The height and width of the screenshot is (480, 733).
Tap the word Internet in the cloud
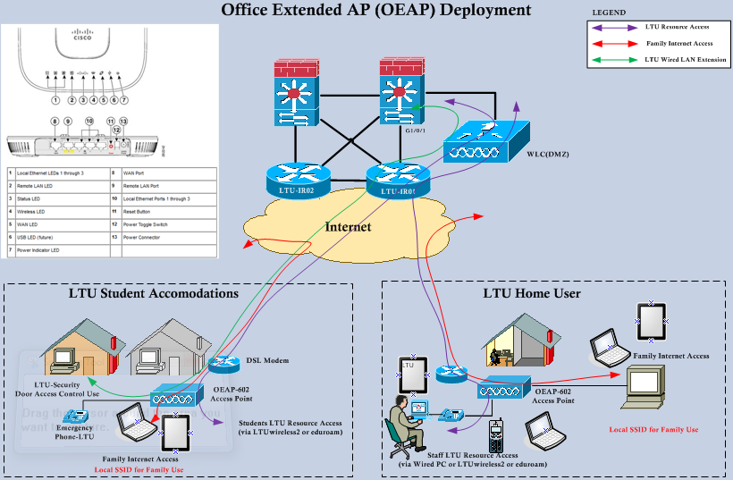tap(347, 227)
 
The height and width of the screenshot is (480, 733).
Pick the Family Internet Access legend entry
tap(678, 43)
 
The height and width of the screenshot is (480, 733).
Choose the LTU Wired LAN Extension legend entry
tap(684, 60)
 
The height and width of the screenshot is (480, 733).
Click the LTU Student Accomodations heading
tap(154, 293)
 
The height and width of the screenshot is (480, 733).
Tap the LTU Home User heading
tap(532, 293)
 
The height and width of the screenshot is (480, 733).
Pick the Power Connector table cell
tap(142, 238)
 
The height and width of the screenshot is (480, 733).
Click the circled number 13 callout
tap(123, 121)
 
